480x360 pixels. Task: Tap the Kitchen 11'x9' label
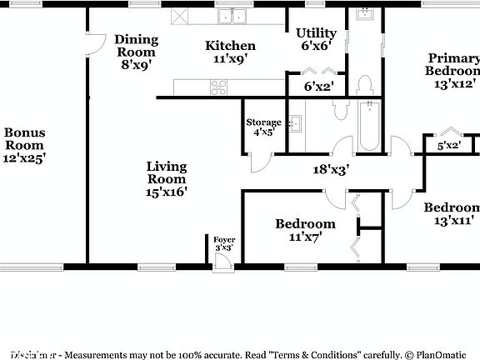click(231, 52)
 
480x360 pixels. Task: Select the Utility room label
click(316, 39)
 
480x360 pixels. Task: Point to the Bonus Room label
click(24, 145)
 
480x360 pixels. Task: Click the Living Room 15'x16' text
click(167, 178)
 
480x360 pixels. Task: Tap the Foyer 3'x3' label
click(224, 243)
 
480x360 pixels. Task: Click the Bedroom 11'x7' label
click(305, 229)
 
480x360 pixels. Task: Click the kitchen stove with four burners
click(218, 86)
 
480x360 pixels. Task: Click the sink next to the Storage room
click(293, 123)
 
